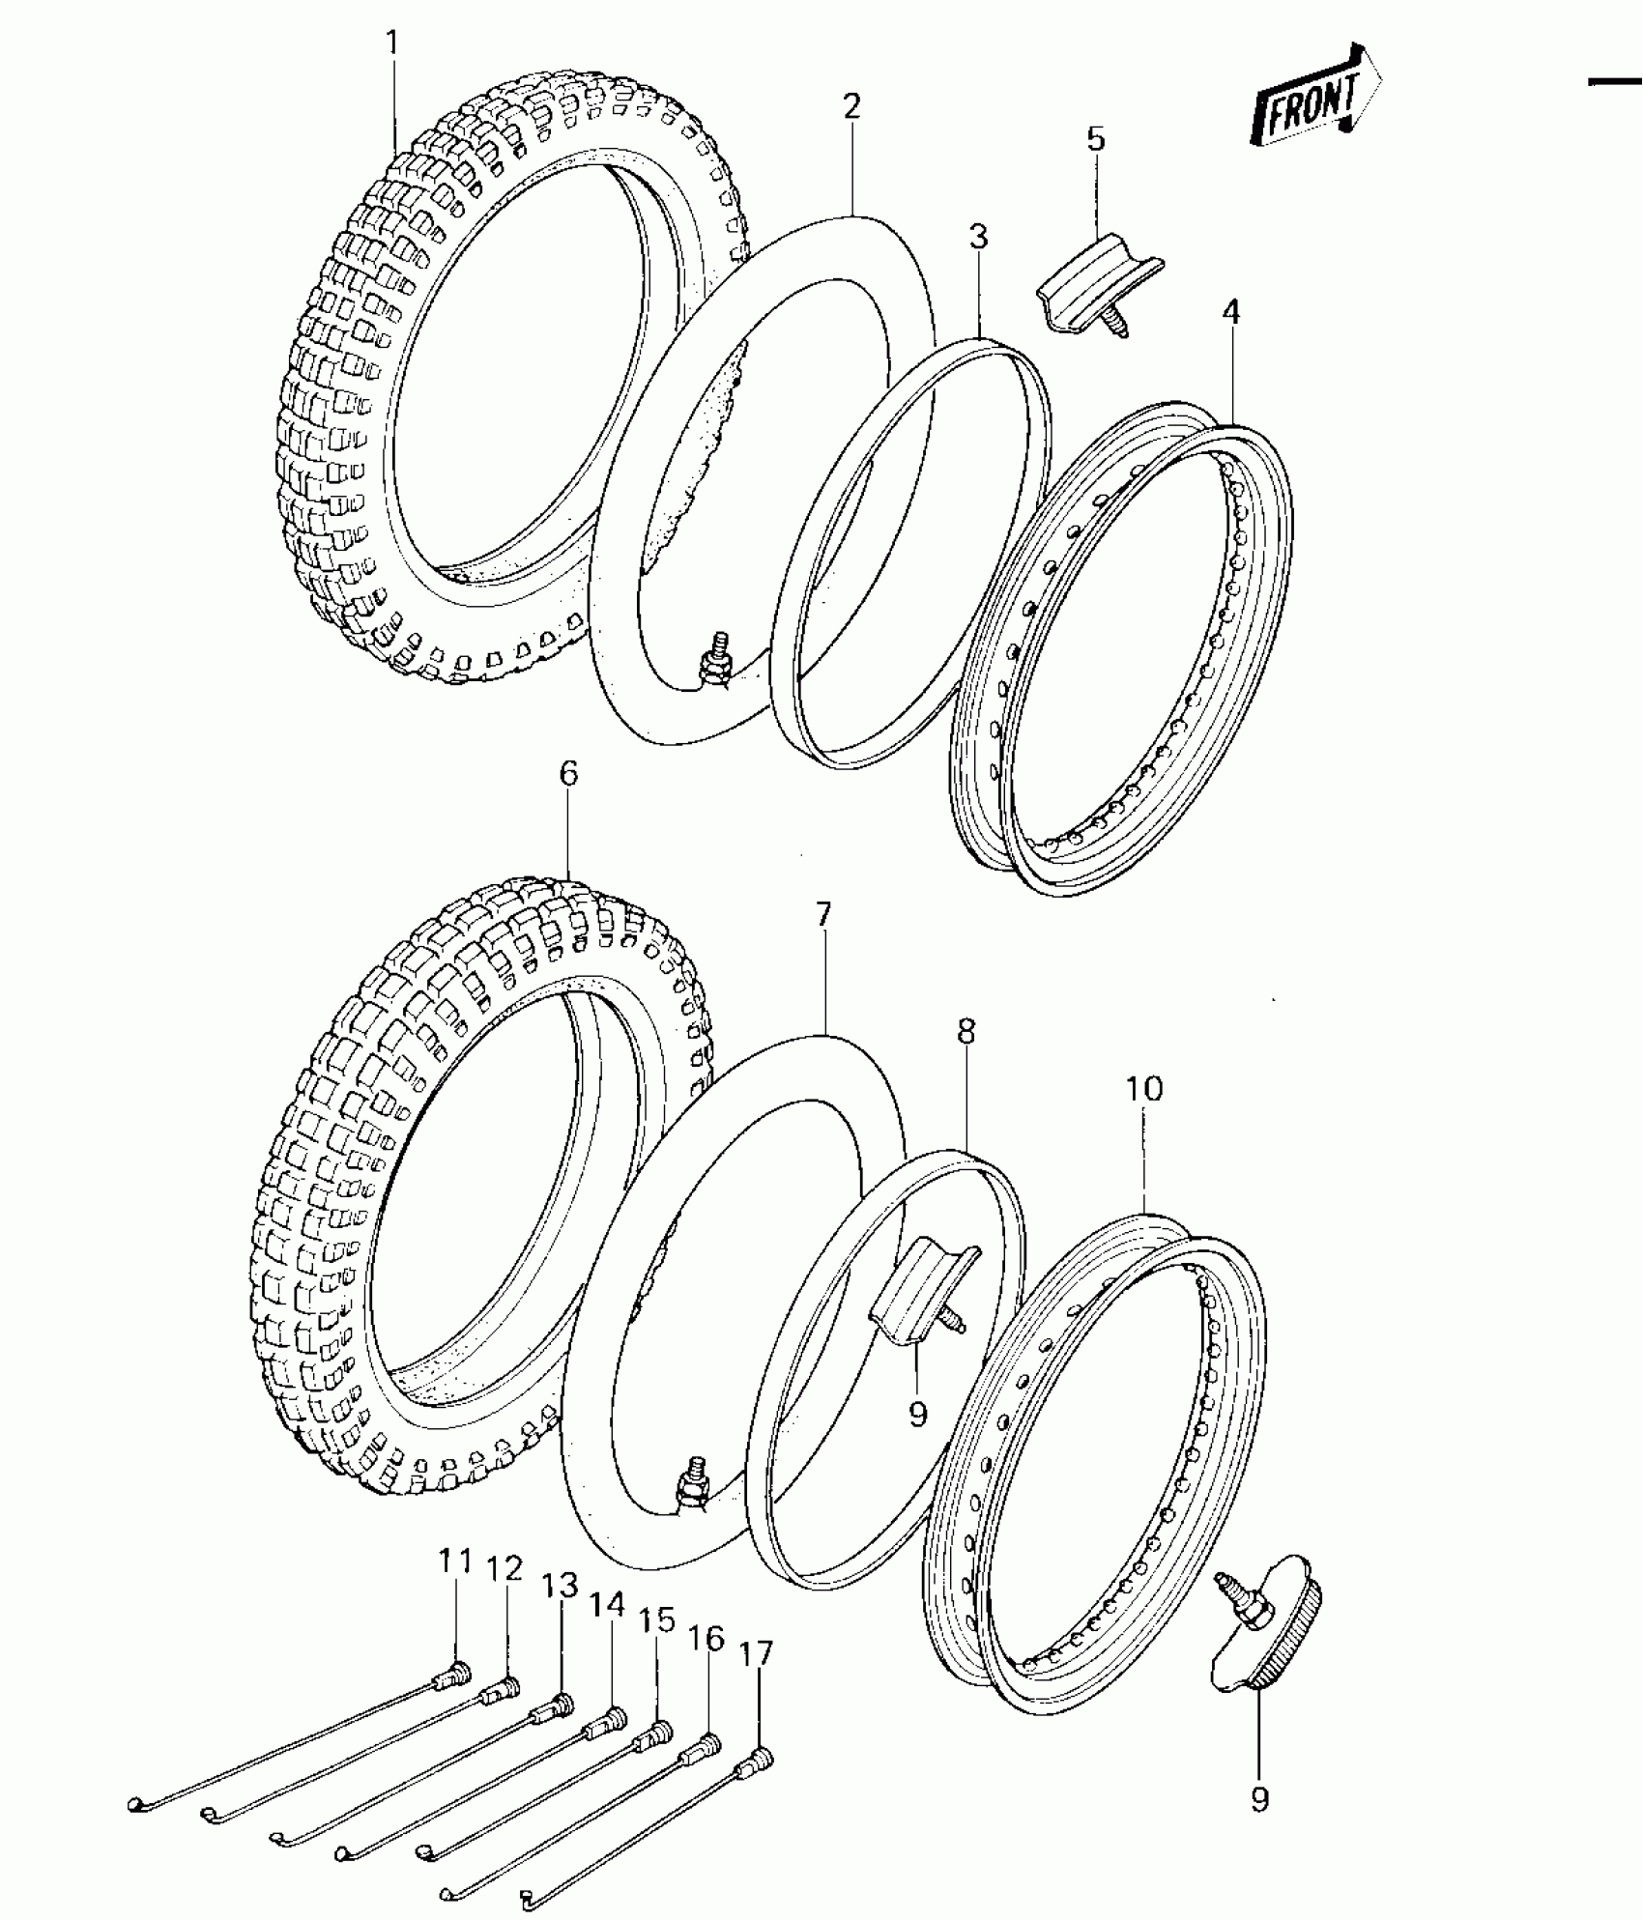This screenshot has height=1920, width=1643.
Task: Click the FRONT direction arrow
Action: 1315,98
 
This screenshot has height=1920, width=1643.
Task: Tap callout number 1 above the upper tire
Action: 391,43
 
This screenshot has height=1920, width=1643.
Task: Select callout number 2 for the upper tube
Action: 850,106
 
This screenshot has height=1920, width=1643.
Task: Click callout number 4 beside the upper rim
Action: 1230,312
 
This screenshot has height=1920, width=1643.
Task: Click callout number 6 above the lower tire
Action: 567,774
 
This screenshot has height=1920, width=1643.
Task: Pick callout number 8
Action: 966,1032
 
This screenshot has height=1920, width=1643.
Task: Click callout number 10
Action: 1143,1089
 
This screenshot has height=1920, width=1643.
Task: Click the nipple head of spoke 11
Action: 458,1669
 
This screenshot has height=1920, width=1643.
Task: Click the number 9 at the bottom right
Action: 1259,1799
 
